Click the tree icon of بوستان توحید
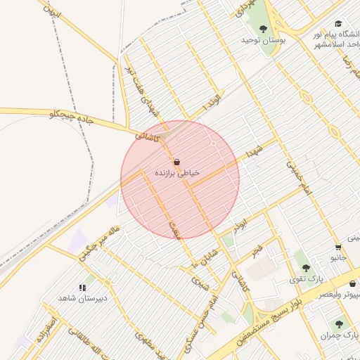click(x=263, y=29)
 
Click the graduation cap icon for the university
click(x=339, y=23)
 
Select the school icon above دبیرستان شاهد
click(x=82, y=287)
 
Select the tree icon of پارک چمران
click(x=339, y=325)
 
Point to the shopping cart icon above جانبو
click(x=338, y=247)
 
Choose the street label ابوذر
click(x=241, y=224)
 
